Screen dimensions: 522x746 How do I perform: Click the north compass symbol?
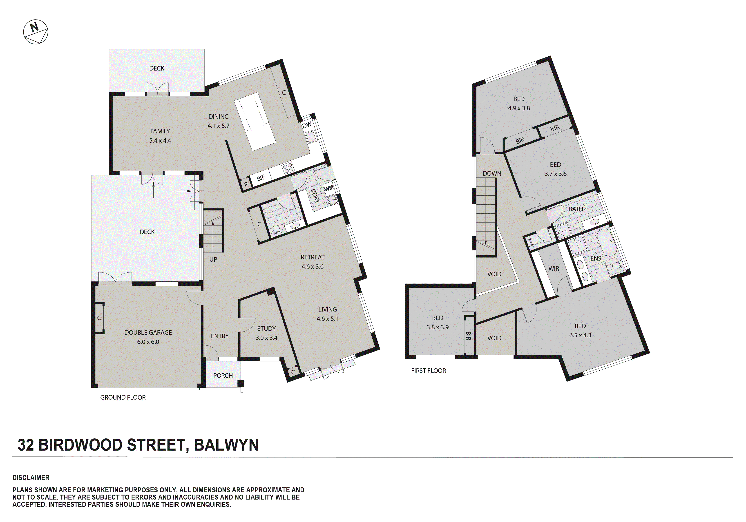(36, 32)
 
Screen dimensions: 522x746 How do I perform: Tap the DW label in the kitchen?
(307, 125)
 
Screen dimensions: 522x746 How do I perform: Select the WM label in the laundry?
(329, 188)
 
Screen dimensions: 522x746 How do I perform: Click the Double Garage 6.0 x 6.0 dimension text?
(148, 342)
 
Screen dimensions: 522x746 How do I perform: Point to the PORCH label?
(223, 376)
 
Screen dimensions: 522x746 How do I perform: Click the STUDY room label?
(266, 329)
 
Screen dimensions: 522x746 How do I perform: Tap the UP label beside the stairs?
(213, 260)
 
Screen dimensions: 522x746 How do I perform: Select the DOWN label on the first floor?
(491, 174)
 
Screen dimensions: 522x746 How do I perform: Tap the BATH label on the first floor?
(575, 209)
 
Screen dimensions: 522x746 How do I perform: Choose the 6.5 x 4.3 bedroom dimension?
(580, 335)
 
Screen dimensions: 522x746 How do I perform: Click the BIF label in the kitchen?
(261, 178)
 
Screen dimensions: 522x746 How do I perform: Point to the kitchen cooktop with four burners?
(288, 168)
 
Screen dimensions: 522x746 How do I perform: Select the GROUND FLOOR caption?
(123, 398)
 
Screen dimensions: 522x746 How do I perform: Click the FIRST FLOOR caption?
(428, 371)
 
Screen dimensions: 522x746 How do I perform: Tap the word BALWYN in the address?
(226, 445)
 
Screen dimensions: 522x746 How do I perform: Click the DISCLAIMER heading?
(31, 478)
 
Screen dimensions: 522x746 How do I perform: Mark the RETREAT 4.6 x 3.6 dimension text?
(312, 267)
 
